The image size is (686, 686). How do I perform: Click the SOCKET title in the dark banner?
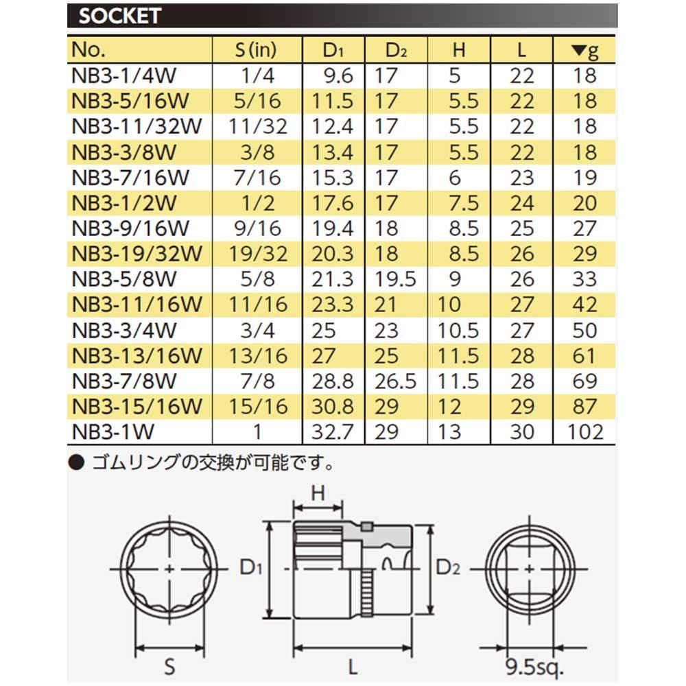[120, 16]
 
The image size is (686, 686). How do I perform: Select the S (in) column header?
[256, 50]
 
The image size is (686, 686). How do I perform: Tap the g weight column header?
[585, 51]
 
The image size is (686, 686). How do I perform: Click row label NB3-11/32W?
[137, 126]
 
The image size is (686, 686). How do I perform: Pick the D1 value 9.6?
[338, 75]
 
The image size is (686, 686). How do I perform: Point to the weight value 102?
[585, 431]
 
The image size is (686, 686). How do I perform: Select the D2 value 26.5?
[395, 381]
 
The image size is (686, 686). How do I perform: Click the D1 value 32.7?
[332, 431]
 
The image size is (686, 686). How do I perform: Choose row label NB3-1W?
[113, 431]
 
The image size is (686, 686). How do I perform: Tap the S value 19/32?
[258, 254]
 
